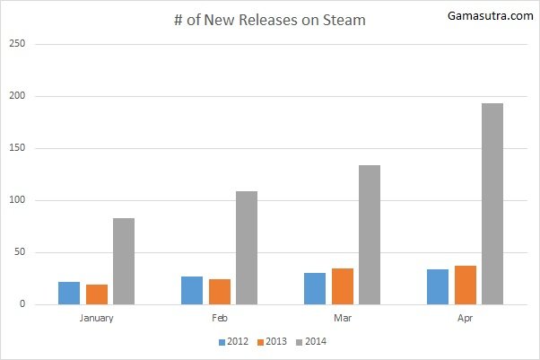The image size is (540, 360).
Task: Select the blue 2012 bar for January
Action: [x=69, y=293]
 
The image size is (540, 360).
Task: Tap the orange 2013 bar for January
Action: [x=97, y=294]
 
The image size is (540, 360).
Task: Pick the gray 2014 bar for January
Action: [x=124, y=261]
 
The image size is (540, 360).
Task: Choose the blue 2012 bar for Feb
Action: [x=192, y=290]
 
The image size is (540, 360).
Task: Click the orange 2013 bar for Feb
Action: [x=220, y=292]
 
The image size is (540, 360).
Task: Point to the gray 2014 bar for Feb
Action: [x=247, y=248]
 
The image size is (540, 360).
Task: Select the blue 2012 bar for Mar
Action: [x=314, y=288]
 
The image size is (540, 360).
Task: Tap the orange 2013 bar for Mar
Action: [x=342, y=286]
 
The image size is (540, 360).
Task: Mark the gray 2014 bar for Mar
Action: [x=370, y=234]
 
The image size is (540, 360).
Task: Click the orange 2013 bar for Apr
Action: [x=465, y=285]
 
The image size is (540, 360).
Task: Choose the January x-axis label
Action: [x=96, y=318]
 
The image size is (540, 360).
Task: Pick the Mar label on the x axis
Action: [x=342, y=318]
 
